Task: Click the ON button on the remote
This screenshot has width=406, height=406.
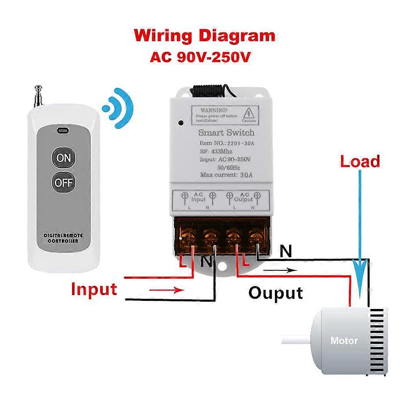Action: pyautogui.click(x=64, y=158)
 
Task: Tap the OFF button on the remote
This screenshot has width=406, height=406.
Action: pyautogui.click(x=64, y=182)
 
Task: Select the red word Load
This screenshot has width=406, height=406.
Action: pyautogui.click(x=360, y=162)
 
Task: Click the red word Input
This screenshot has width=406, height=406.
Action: pyautogui.click(x=94, y=289)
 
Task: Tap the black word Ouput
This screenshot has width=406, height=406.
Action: pyautogui.click(x=276, y=292)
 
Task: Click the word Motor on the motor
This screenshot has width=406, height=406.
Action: pyautogui.click(x=344, y=340)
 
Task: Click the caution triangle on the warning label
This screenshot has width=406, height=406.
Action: pyautogui.click(x=249, y=112)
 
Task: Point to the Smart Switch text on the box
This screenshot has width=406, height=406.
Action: pyautogui.click(x=226, y=132)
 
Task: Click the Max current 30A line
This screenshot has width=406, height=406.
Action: pyautogui.click(x=226, y=175)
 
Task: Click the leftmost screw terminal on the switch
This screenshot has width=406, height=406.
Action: pyautogui.click(x=187, y=237)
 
